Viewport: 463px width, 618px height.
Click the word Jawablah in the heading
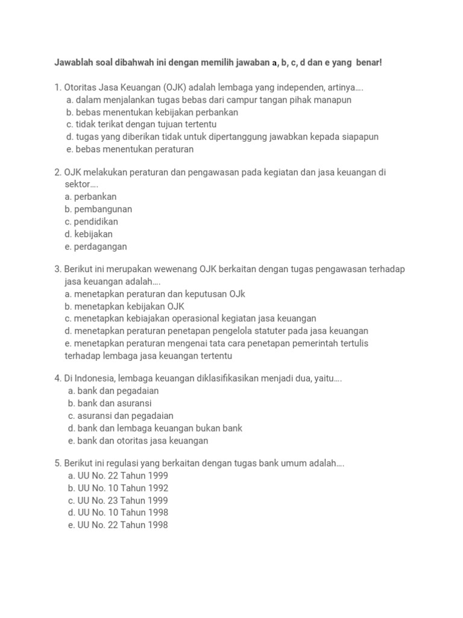[x=74, y=63]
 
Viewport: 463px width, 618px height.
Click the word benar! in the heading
[x=369, y=63]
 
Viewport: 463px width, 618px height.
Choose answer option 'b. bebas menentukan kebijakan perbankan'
[x=153, y=112]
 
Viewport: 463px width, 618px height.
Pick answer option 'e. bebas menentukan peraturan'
[x=130, y=149]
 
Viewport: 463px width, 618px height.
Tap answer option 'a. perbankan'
[x=90, y=197]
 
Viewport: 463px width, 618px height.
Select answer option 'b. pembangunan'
[x=98, y=209]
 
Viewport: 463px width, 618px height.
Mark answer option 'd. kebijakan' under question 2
[x=89, y=234]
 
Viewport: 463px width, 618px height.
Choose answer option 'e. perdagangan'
[x=96, y=246]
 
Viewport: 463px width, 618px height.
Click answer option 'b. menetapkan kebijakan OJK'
[x=124, y=306]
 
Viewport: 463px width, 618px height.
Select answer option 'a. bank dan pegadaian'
[x=113, y=391]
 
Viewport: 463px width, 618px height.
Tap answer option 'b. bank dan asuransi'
[x=110, y=403]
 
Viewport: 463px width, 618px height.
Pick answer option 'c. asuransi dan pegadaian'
[x=121, y=416]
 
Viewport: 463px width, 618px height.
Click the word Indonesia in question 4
[x=96, y=378]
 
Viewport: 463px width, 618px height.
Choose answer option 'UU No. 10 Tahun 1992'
[x=118, y=488]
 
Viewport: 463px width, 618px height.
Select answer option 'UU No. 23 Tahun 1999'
[x=118, y=500]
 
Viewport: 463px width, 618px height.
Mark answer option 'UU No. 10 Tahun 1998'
[x=118, y=512]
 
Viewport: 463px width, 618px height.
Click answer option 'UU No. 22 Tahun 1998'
[x=118, y=525]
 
